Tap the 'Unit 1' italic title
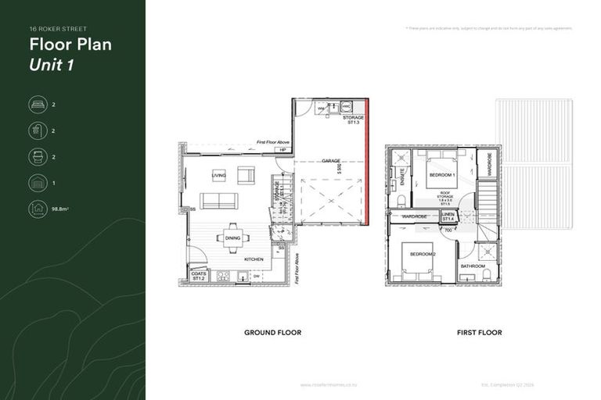52,65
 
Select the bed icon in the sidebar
37,104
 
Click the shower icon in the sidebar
37,130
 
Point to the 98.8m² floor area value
60,209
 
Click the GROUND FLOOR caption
272,333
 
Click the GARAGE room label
330,161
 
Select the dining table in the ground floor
233,239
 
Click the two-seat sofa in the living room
219,201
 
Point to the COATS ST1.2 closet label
198,276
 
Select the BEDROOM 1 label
442,174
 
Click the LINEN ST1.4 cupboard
448,216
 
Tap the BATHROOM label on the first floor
473,266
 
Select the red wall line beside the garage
367,162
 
